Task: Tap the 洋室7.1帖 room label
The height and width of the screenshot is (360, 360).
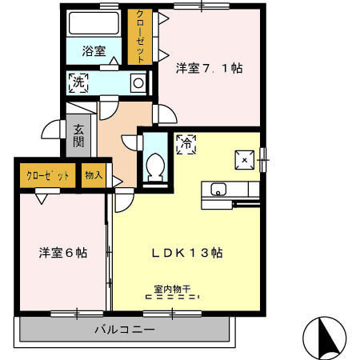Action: pos(209,69)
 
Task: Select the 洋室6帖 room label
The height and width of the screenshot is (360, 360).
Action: pos(63,253)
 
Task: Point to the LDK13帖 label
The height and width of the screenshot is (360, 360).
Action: pos(187,253)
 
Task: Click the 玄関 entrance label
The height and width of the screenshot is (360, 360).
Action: pos(79,135)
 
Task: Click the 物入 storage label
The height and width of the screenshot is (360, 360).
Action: pos(93,175)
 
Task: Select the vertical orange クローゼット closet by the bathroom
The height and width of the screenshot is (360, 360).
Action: pos(140,37)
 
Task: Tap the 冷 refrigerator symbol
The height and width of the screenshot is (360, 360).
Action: pos(185,145)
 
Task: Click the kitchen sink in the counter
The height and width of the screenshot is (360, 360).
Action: pos(218,190)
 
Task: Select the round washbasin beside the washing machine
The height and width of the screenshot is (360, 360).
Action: pos(138,82)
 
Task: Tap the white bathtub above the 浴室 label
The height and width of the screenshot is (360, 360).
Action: pos(94,22)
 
